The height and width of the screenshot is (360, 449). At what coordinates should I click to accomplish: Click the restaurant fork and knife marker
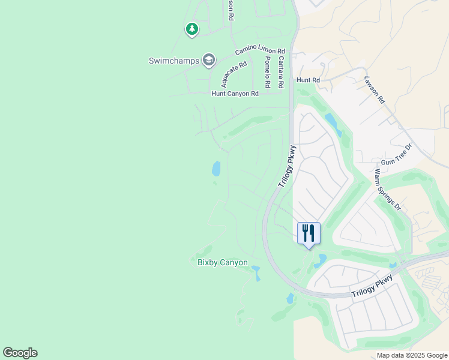309,233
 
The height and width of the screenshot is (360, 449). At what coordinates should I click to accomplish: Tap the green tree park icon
191,28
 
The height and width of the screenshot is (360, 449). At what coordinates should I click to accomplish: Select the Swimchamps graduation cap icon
208,59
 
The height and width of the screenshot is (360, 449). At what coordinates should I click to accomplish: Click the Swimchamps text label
173,61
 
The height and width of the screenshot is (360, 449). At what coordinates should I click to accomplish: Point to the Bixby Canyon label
223,262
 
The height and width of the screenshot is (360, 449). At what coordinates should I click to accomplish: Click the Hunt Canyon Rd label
235,94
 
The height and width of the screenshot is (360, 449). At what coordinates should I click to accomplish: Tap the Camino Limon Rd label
261,52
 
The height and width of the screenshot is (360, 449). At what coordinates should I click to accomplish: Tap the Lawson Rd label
373,89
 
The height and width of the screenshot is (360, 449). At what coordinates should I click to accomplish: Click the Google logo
20,353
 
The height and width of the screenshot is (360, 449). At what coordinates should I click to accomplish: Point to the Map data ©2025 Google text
411,355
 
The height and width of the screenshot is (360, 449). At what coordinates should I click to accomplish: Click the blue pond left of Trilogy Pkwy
215,169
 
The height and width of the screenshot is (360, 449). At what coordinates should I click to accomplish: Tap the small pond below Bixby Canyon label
258,274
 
